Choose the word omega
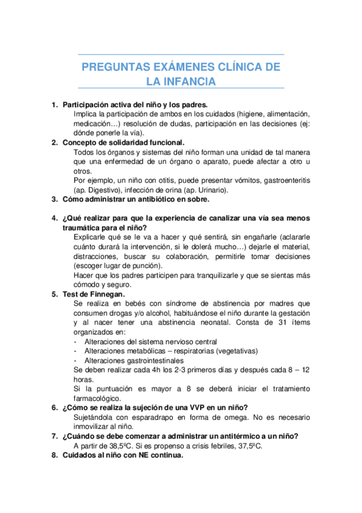click(221, 417)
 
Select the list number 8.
click(54, 456)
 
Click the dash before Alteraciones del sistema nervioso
click(75, 341)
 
